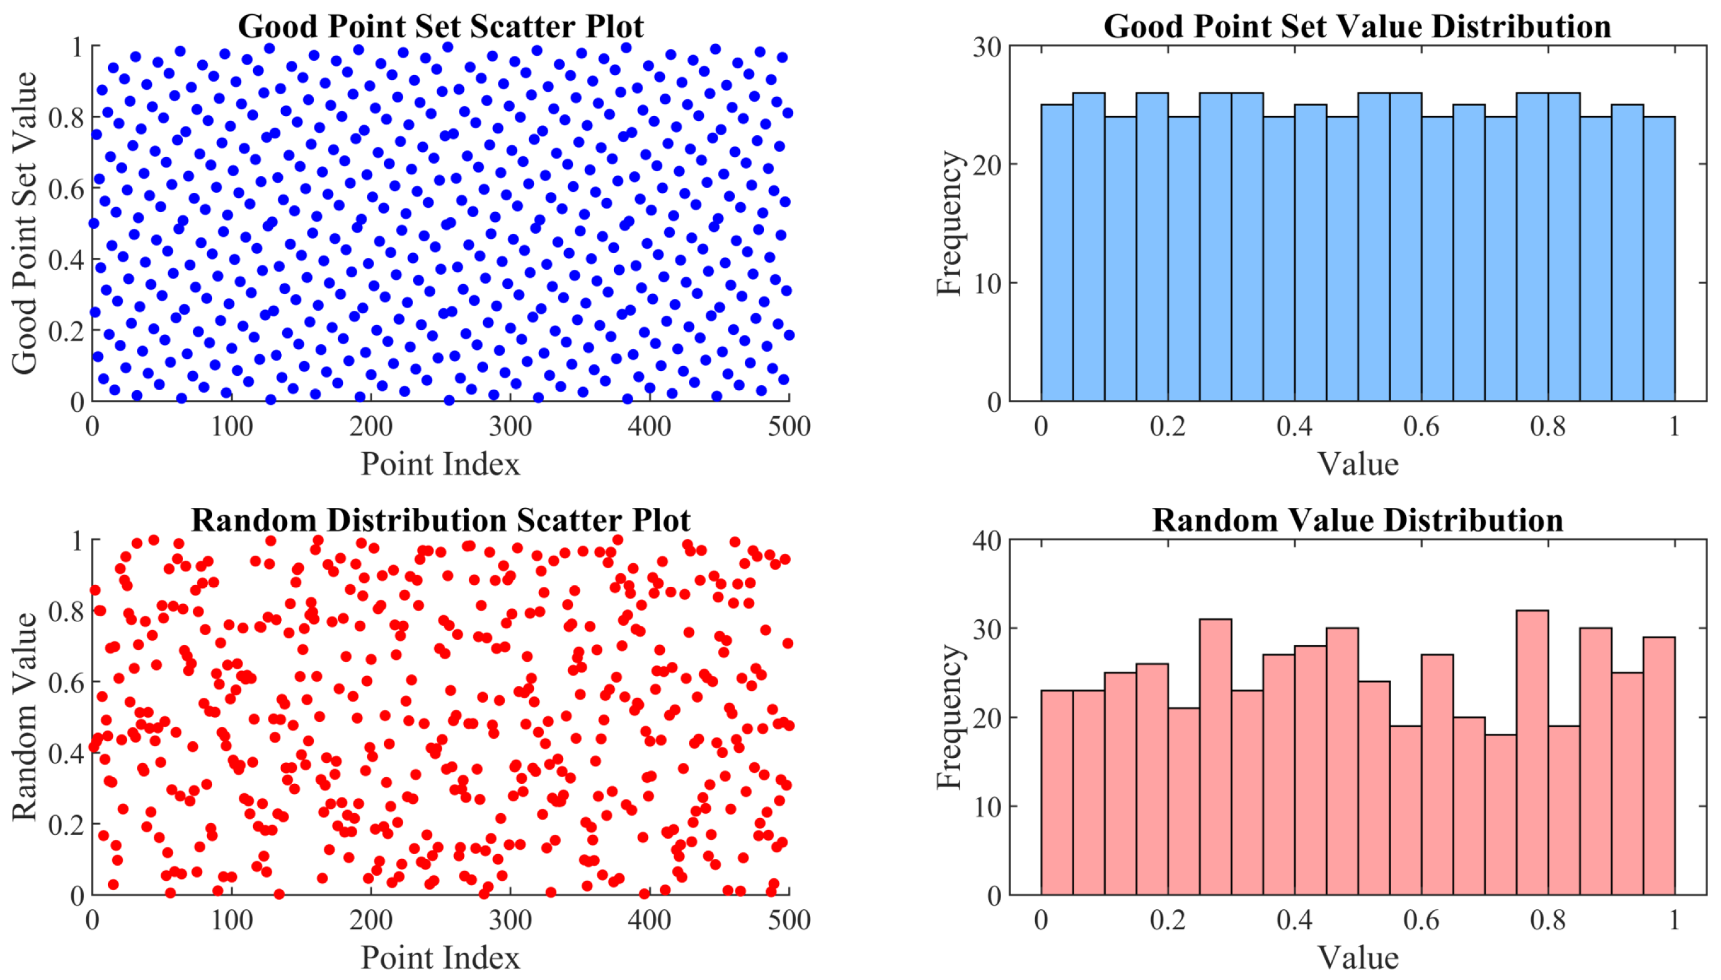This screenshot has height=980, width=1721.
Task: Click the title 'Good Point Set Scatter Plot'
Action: click(x=441, y=27)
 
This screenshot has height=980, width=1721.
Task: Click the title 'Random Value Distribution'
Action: click(x=1357, y=520)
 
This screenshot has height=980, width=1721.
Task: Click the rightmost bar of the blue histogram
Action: click(x=1658, y=259)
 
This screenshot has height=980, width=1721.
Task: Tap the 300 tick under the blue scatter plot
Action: click(x=510, y=427)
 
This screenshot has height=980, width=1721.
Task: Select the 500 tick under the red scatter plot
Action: click(x=788, y=920)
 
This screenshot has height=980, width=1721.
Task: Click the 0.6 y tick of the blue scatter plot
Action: click(x=66, y=189)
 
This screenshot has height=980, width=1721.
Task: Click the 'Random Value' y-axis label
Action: click(x=25, y=717)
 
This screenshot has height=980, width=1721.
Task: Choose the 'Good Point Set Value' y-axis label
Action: click(x=25, y=223)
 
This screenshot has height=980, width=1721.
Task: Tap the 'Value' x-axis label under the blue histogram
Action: click(x=1357, y=465)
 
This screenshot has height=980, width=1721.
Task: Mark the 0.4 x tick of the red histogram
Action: click(x=1294, y=920)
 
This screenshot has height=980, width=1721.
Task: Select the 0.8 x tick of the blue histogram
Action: click(x=1547, y=427)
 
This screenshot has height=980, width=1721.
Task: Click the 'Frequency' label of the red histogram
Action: click(x=949, y=717)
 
